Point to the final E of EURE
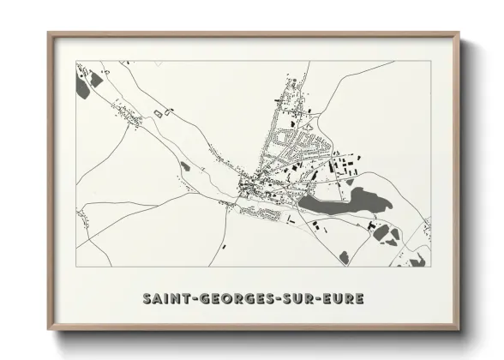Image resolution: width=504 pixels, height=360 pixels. pyautogui.click(x=360, y=298)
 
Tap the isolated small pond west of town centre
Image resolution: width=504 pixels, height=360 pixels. pyautogui.click(x=184, y=166)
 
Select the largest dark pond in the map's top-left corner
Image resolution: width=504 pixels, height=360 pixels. pyautogui.click(x=82, y=87)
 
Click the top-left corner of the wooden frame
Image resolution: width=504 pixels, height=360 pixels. pyautogui.click(x=48, y=33)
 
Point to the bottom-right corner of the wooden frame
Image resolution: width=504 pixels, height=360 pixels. pyautogui.click(x=459, y=331)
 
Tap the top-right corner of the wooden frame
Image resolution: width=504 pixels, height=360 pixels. pyautogui.click(x=459, y=33)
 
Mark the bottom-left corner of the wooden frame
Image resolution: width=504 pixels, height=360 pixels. pyautogui.click(x=48, y=331)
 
